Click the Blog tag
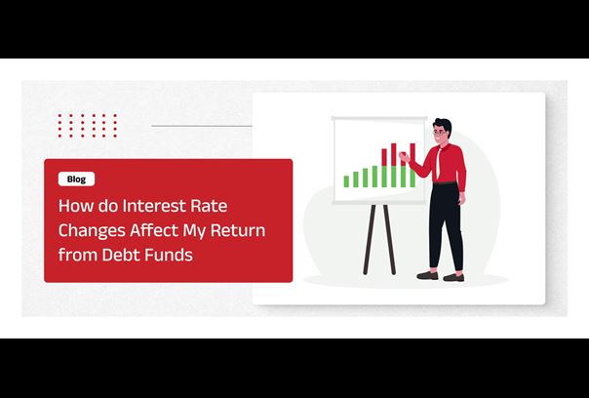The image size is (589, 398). tap(76, 179)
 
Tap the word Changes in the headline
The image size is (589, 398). tap(92, 231)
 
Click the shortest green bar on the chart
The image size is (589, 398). tap(345, 181)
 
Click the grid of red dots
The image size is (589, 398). tap(87, 125)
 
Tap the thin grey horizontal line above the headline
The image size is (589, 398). tap(200, 126)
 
